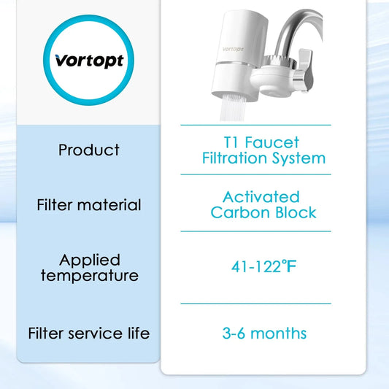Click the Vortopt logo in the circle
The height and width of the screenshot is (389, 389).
pyautogui.click(x=89, y=61)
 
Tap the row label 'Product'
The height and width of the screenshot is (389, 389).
pyautogui.click(x=89, y=150)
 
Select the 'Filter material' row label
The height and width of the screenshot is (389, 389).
pyautogui.click(x=89, y=205)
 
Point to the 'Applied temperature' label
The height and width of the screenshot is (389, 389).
pyautogui.click(x=89, y=268)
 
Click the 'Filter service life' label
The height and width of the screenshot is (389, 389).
pyautogui.click(x=89, y=334)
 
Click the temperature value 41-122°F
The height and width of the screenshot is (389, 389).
pyautogui.click(x=261, y=266)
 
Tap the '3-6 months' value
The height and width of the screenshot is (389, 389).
pyautogui.click(x=263, y=334)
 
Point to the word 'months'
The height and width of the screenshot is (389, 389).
pyautogui.click(x=278, y=334)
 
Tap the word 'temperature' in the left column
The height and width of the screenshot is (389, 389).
pyautogui.click(x=89, y=276)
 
